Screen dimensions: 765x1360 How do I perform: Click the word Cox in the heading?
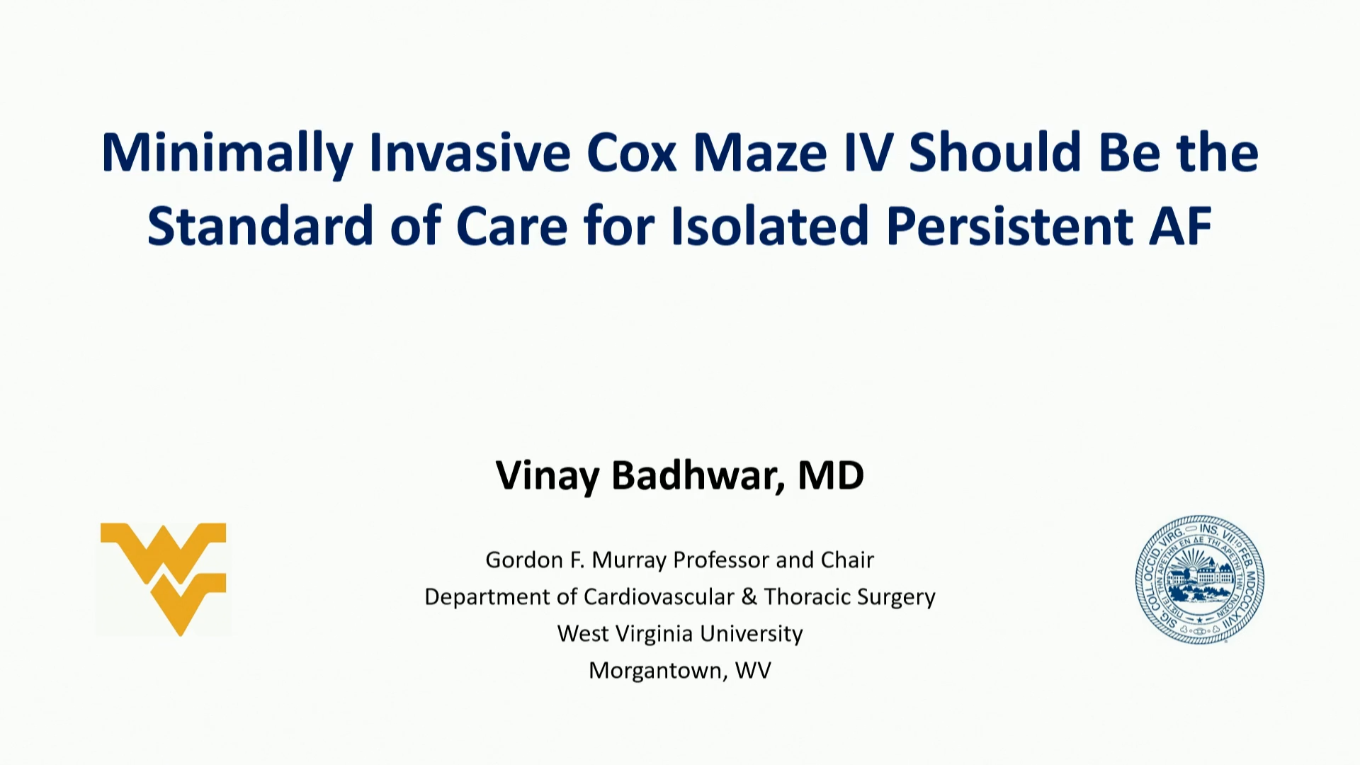(632, 154)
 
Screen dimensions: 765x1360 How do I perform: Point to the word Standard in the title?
(260, 227)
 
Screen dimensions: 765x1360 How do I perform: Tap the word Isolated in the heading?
(769, 227)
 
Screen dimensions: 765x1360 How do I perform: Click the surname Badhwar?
(698, 475)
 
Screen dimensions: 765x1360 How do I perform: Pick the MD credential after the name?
(831, 475)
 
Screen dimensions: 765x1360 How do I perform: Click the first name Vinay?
(548, 475)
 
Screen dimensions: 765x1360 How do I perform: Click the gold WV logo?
(164, 578)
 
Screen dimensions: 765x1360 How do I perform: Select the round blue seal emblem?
(1200, 579)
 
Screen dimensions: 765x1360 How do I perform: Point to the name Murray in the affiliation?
(629, 560)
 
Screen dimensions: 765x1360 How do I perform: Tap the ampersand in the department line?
(749, 597)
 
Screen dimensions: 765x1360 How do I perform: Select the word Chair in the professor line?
(847, 560)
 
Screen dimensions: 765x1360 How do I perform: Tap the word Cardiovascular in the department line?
(659, 597)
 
